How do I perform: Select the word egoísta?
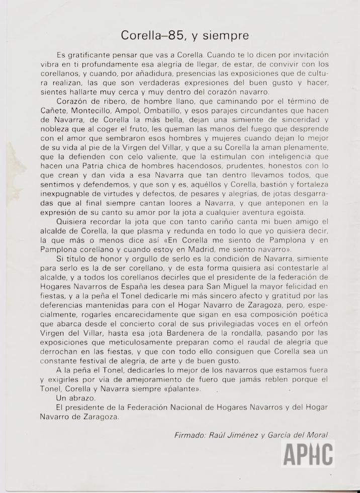pyautogui.click(x=292, y=212)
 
